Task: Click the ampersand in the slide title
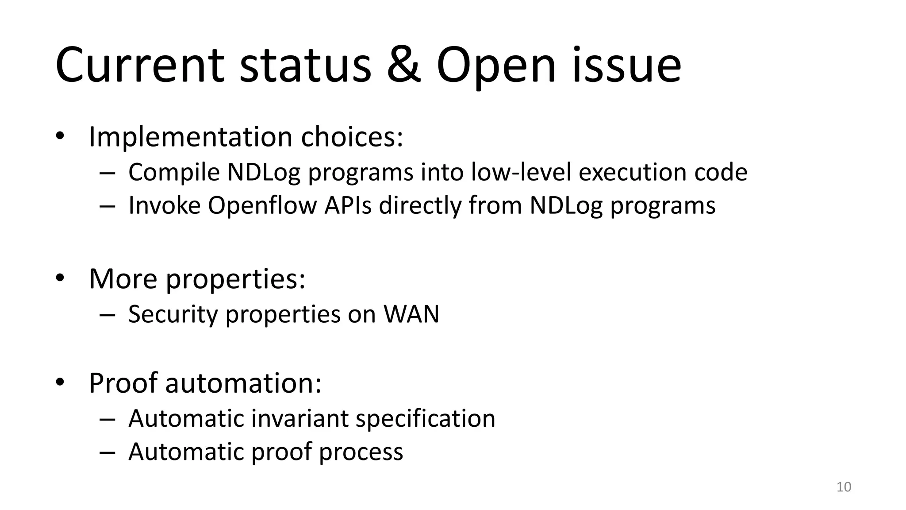click(x=403, y=66)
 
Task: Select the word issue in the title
click(x=627, y=66)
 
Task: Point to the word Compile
click(x=174, y=172)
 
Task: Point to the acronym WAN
click(x=411, y=314)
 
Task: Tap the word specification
click(x=425, y=418)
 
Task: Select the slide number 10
click(x=844, y=487)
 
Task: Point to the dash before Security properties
click(x=107, y=315)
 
